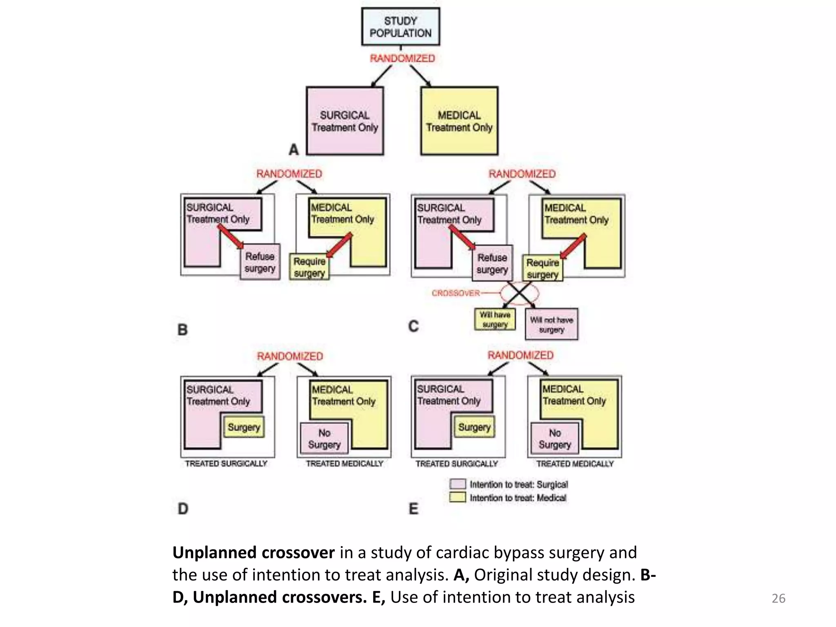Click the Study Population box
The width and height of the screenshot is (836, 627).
click(x=400, y=27)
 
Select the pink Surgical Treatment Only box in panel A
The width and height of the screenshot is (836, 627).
click(x=345, y=121)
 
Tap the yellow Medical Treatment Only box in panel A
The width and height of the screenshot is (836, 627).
click(x=459, y=121)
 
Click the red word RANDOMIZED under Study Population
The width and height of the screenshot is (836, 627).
click(x=402, y=58)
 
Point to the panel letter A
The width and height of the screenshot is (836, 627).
click(x=293, y=150)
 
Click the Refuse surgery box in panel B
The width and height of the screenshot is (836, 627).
click(x=260, y=262)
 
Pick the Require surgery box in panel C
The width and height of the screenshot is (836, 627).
click(x=543, y=268)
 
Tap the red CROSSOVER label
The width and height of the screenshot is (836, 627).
click(x=456, y=293)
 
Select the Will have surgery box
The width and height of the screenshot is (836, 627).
click(x=495, y=320)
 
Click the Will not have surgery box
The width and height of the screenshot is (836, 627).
click(x=551, y=325)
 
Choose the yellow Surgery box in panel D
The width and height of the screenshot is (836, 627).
click(x=244, y=427)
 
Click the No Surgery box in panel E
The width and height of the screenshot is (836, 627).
click(x=555, y=438)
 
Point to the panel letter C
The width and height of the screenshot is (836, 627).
click(x=414, y=326)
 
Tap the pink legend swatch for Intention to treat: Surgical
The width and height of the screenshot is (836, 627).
click(x=458, y=484)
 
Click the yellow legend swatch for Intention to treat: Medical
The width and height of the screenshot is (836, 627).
click(x=458, y=497)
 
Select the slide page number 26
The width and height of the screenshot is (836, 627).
click(x=778, y=598)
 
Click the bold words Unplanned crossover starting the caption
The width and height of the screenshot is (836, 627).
click(x=253, y=552)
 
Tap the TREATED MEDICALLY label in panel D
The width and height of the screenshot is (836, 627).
click(x=345, y=464)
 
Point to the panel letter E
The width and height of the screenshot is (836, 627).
click(x=414, y=509)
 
